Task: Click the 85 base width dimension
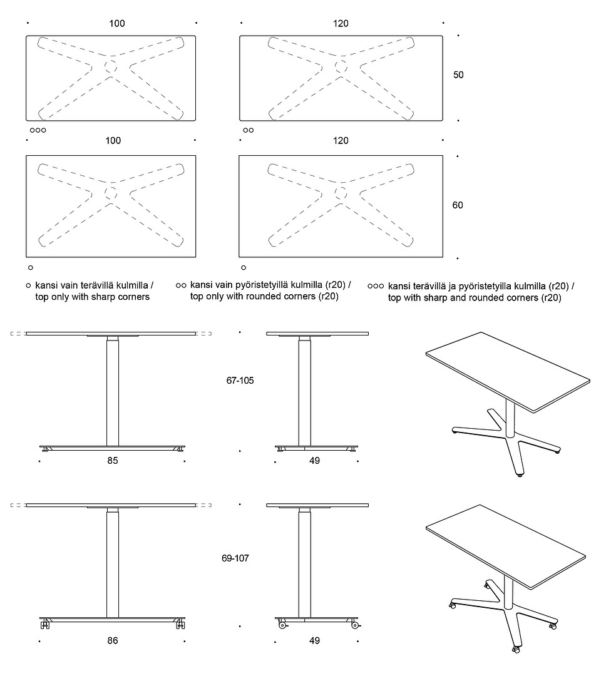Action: click(x=113, y=461)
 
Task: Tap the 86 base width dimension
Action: click(x=113, y=640)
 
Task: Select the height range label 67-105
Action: click(x=240, y=380)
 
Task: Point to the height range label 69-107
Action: click(x=235, y=558)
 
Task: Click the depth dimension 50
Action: click(x=458, y=74)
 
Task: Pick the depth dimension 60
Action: click(x=458, y=205)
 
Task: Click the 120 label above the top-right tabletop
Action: click(x=341, y=24)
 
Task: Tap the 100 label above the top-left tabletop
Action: click(x=117, y=24)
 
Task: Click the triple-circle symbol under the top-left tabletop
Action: click(x=38, y=130)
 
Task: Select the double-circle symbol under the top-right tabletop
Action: click(x=249, y=130)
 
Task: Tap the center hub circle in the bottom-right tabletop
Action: click(x=342, y=192)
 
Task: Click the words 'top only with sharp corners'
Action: click(x=93, y=297)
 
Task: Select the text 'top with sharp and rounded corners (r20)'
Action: click(x=474, y=298)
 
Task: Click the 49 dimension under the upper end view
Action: click(x=314, y=461)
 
